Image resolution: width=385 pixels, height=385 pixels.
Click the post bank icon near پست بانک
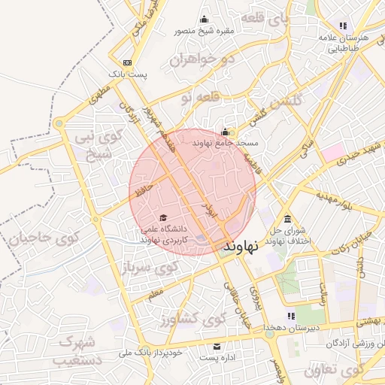tap(128, 62)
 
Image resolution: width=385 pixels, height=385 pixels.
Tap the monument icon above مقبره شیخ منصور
tap(203, 20)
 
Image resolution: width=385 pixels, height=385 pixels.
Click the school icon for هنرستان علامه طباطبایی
tap(343, 26)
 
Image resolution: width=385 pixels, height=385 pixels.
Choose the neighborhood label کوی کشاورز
tap(192, 320)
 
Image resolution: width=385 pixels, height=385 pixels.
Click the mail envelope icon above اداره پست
tap(217, 347)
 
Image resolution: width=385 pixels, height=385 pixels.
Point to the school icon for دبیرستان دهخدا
tap(291, 316)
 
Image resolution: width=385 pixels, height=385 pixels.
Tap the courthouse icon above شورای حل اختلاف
tap(288, 218)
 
